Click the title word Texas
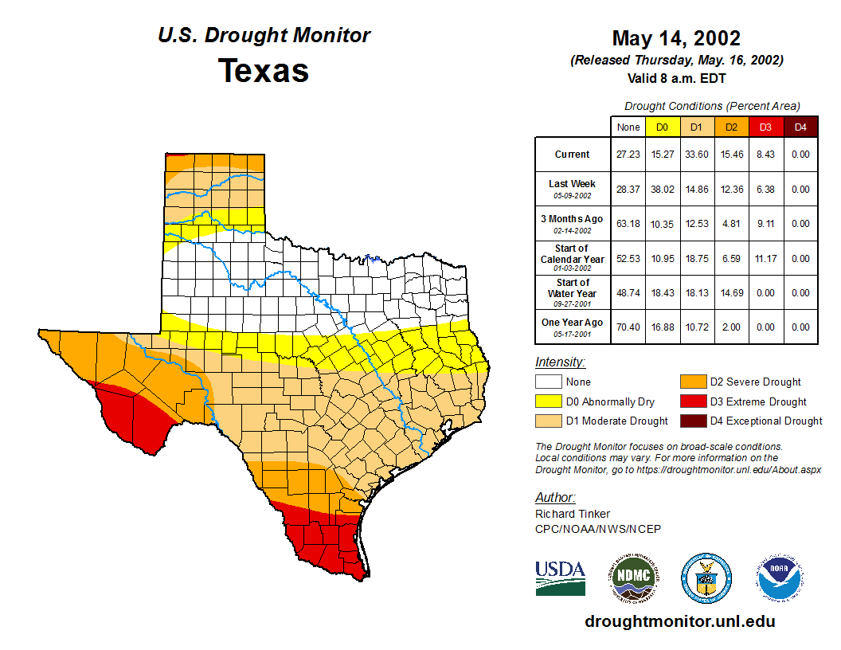point(264,71)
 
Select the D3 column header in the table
point(766,127)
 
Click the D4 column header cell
point(801,127)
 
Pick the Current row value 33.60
point(696,155)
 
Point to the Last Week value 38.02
point(662,190)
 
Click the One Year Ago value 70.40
point(628,327)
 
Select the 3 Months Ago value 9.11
point(766,224)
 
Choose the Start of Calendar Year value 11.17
point(766,258)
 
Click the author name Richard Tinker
point(573,514)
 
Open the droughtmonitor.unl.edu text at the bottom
point(679,621)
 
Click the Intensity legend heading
point(560,362)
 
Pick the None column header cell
point(628,127)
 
